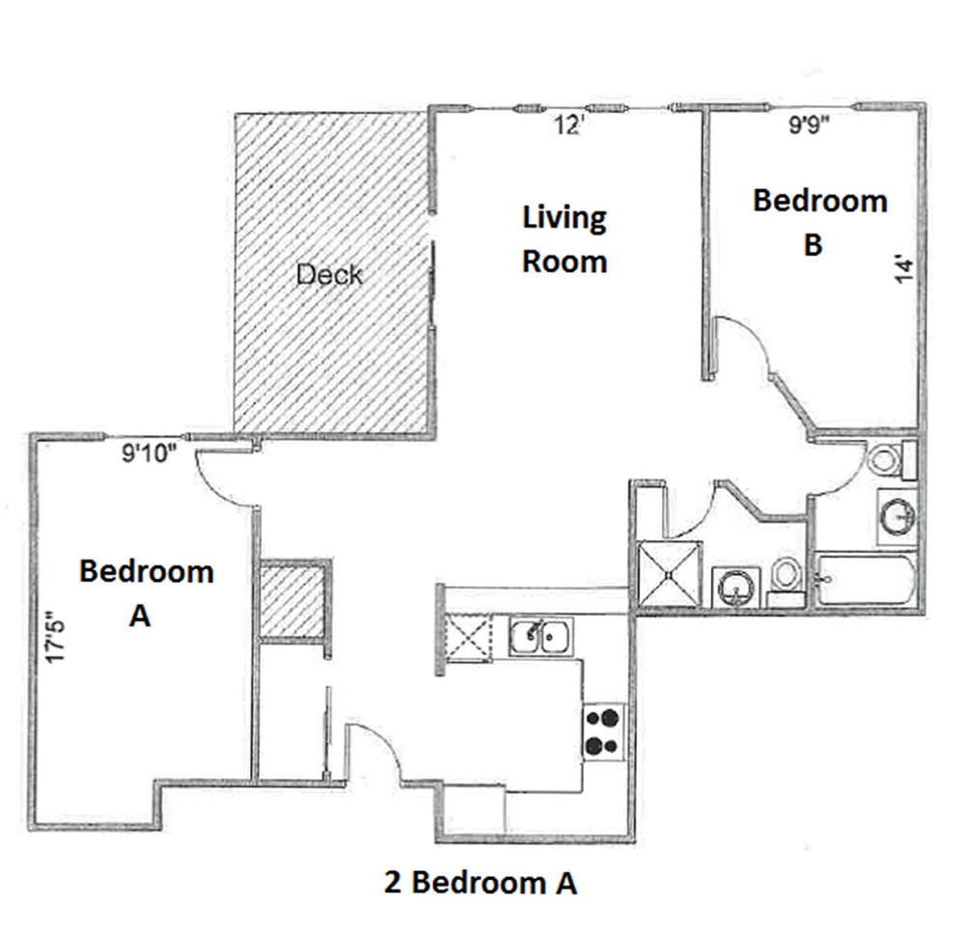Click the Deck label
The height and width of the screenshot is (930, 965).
pyautogui.click(x=329, y=275)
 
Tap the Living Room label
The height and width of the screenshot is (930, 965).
pyautogui.click(x=565, y=239)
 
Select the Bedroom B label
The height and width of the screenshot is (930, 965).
pyautogui.click(x=819, y=222)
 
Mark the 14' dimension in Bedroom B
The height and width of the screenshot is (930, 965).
pyautogui.click(x=903, y=268)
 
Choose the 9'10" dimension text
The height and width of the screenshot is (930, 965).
pyautogui.click(x=150, y=452)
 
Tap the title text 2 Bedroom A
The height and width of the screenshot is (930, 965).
pyautogui.click(x=480, y=882)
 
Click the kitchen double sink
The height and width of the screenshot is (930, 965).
pyautogui.click(x=541, y=636)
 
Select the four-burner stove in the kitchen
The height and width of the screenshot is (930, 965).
pyautogui.click(x=603, y=731)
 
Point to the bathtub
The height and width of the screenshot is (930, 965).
pyautogui.click(x=864, y=580)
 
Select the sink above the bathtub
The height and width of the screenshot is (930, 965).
pyautogui.click(x=896, y=512)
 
